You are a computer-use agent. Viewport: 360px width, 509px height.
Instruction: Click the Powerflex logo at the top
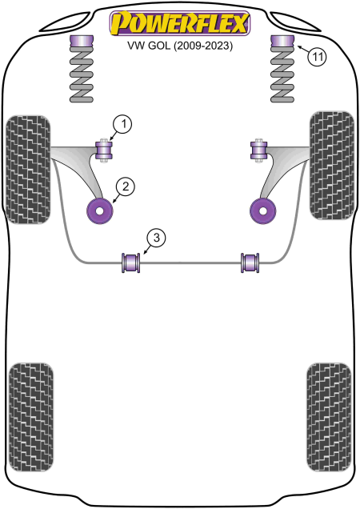(180, 23)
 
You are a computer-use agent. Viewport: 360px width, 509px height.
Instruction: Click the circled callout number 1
(122, 125)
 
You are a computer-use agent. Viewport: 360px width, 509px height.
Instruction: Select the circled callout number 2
(125, 187)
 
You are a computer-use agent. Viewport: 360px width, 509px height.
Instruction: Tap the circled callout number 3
(157, 238)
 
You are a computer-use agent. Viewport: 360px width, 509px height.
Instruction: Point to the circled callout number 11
(317, 57)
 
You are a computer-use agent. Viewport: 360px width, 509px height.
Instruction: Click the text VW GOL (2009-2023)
(180, 46)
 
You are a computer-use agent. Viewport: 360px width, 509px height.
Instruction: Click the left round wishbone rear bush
(100, 210)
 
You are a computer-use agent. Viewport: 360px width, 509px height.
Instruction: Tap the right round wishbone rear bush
(263, 210)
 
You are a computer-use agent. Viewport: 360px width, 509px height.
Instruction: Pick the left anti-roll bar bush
(131, 263)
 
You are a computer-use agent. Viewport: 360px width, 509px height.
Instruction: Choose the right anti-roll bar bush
(250, 263)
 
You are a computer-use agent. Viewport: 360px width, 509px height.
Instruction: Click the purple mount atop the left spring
(82, 42)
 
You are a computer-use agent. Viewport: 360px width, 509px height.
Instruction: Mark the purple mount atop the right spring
(282, 42)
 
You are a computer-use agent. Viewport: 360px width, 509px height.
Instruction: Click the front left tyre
(28, 170)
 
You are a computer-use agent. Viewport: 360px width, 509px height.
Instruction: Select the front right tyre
(332, 166)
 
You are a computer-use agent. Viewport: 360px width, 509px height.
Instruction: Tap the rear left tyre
(31, 417)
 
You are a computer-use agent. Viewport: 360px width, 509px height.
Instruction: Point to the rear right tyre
(329, 417)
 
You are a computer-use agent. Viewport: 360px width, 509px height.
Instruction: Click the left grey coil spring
(82, 75)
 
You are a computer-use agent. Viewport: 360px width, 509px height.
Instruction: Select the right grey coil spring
(282, 75)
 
